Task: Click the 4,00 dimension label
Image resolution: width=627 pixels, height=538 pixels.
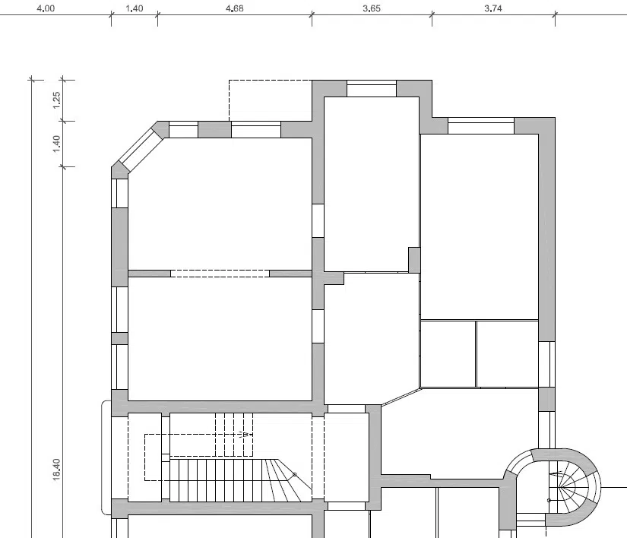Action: click(46, 8)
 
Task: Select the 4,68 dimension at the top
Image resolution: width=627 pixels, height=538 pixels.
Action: click(234, 8)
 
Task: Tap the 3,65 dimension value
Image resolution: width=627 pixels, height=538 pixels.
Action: click(372, 8)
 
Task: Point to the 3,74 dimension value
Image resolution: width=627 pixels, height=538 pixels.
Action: click(493, 8)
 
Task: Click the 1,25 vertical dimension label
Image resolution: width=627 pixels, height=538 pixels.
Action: click(56, 100)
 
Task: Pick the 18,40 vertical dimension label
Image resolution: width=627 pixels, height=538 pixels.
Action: click(56, 470)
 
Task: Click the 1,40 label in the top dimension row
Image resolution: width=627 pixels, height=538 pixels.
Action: click(135, 8)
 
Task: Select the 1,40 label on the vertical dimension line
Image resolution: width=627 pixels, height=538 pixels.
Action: click(56, 144)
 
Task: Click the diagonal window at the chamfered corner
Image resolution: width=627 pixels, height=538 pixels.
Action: click(139, 150)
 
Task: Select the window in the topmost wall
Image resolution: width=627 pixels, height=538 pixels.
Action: click(372, 88)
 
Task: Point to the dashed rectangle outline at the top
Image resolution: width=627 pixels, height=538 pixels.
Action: click(271, 80)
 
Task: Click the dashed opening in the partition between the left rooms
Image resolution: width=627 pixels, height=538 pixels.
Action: click(220, 274)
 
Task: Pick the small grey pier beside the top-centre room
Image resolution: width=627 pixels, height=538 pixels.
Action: click(414, 260)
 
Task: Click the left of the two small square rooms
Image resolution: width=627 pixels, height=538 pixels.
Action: click(448, 354)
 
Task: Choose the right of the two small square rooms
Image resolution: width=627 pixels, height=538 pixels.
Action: click(508, 354)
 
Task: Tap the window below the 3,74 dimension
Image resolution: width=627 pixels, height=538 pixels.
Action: click(481, 126)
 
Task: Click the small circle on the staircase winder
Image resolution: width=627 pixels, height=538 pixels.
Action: click(295, 475)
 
